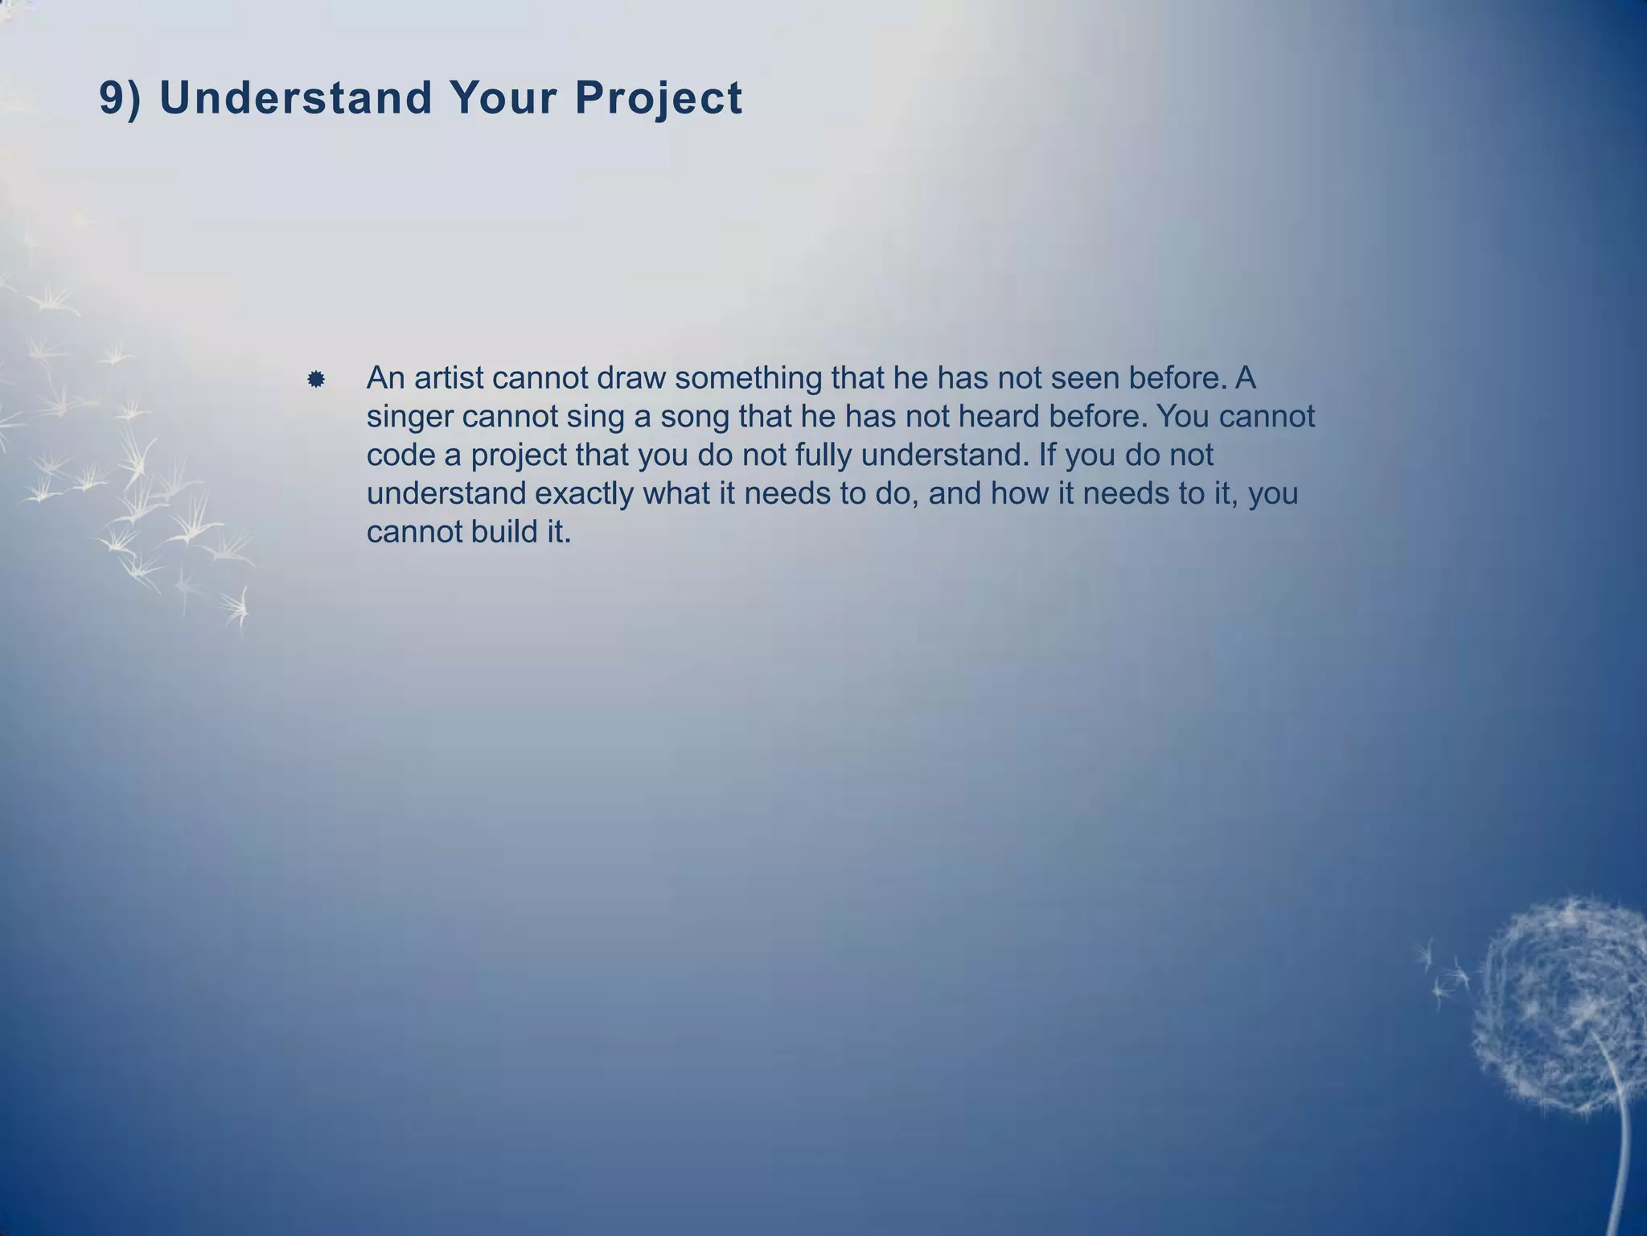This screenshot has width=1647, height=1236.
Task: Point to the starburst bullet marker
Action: pos(316,379)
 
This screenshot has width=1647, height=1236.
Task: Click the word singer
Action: pos(409,417)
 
